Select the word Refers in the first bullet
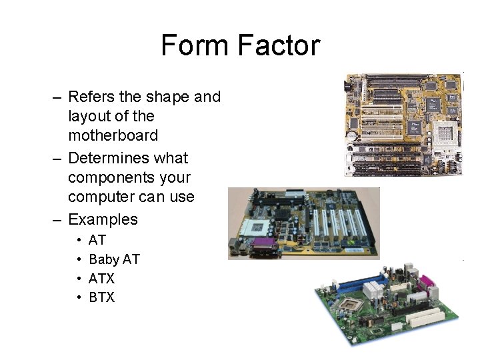(x=91, y=97)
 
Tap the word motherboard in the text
(x=113, y=135)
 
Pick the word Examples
(x=103, y=219)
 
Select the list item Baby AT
(x=114, y=259)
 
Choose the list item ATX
(x=101, y=279)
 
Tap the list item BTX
(x=101, y=297)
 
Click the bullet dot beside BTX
(x=79, y=297)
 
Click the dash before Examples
(x=58, y=219)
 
